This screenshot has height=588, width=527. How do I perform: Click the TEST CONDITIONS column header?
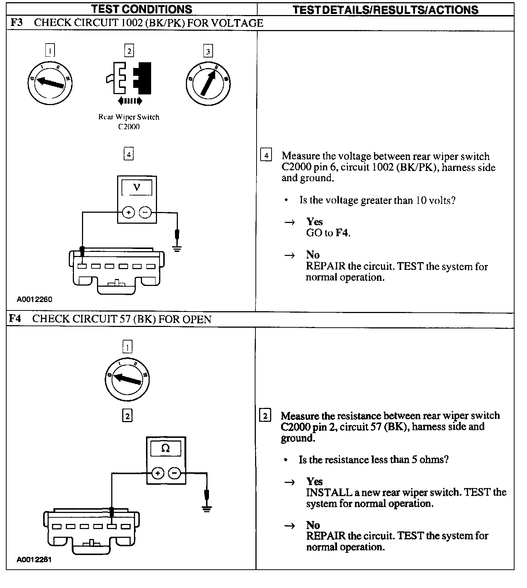141,9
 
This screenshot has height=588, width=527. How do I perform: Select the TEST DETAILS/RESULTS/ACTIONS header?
385,10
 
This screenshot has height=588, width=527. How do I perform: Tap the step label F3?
16,23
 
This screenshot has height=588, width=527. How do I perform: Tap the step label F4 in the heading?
15,319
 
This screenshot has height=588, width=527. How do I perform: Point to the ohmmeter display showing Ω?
166,449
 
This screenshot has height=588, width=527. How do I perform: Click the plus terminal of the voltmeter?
128,212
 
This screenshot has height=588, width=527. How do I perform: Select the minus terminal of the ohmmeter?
174,473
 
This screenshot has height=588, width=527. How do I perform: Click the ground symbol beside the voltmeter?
177,249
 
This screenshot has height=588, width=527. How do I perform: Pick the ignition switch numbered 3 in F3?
208,83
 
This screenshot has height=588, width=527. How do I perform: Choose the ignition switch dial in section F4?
127,379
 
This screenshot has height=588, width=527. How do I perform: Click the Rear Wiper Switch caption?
129,117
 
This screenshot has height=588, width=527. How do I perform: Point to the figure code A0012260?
34,299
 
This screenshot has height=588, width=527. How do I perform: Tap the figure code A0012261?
34,560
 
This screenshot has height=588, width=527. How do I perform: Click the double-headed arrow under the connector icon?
130,101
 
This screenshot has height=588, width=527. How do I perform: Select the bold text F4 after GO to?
342,233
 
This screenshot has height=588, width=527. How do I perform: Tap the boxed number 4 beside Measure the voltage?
266,156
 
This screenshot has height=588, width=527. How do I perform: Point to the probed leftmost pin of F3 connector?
82,266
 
